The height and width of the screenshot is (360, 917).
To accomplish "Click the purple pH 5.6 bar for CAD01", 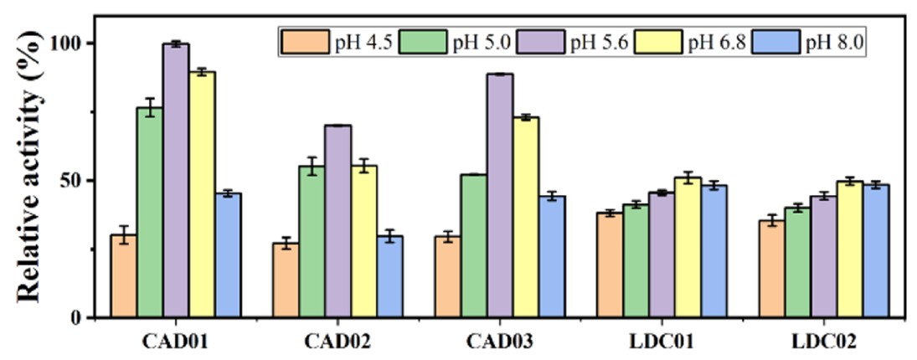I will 176,181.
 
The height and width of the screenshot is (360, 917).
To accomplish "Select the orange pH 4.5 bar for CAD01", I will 124,276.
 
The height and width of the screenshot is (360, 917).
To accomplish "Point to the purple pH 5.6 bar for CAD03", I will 500,196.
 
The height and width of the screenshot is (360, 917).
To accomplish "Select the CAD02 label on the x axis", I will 337,342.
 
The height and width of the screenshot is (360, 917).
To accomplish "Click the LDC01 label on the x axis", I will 662,342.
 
